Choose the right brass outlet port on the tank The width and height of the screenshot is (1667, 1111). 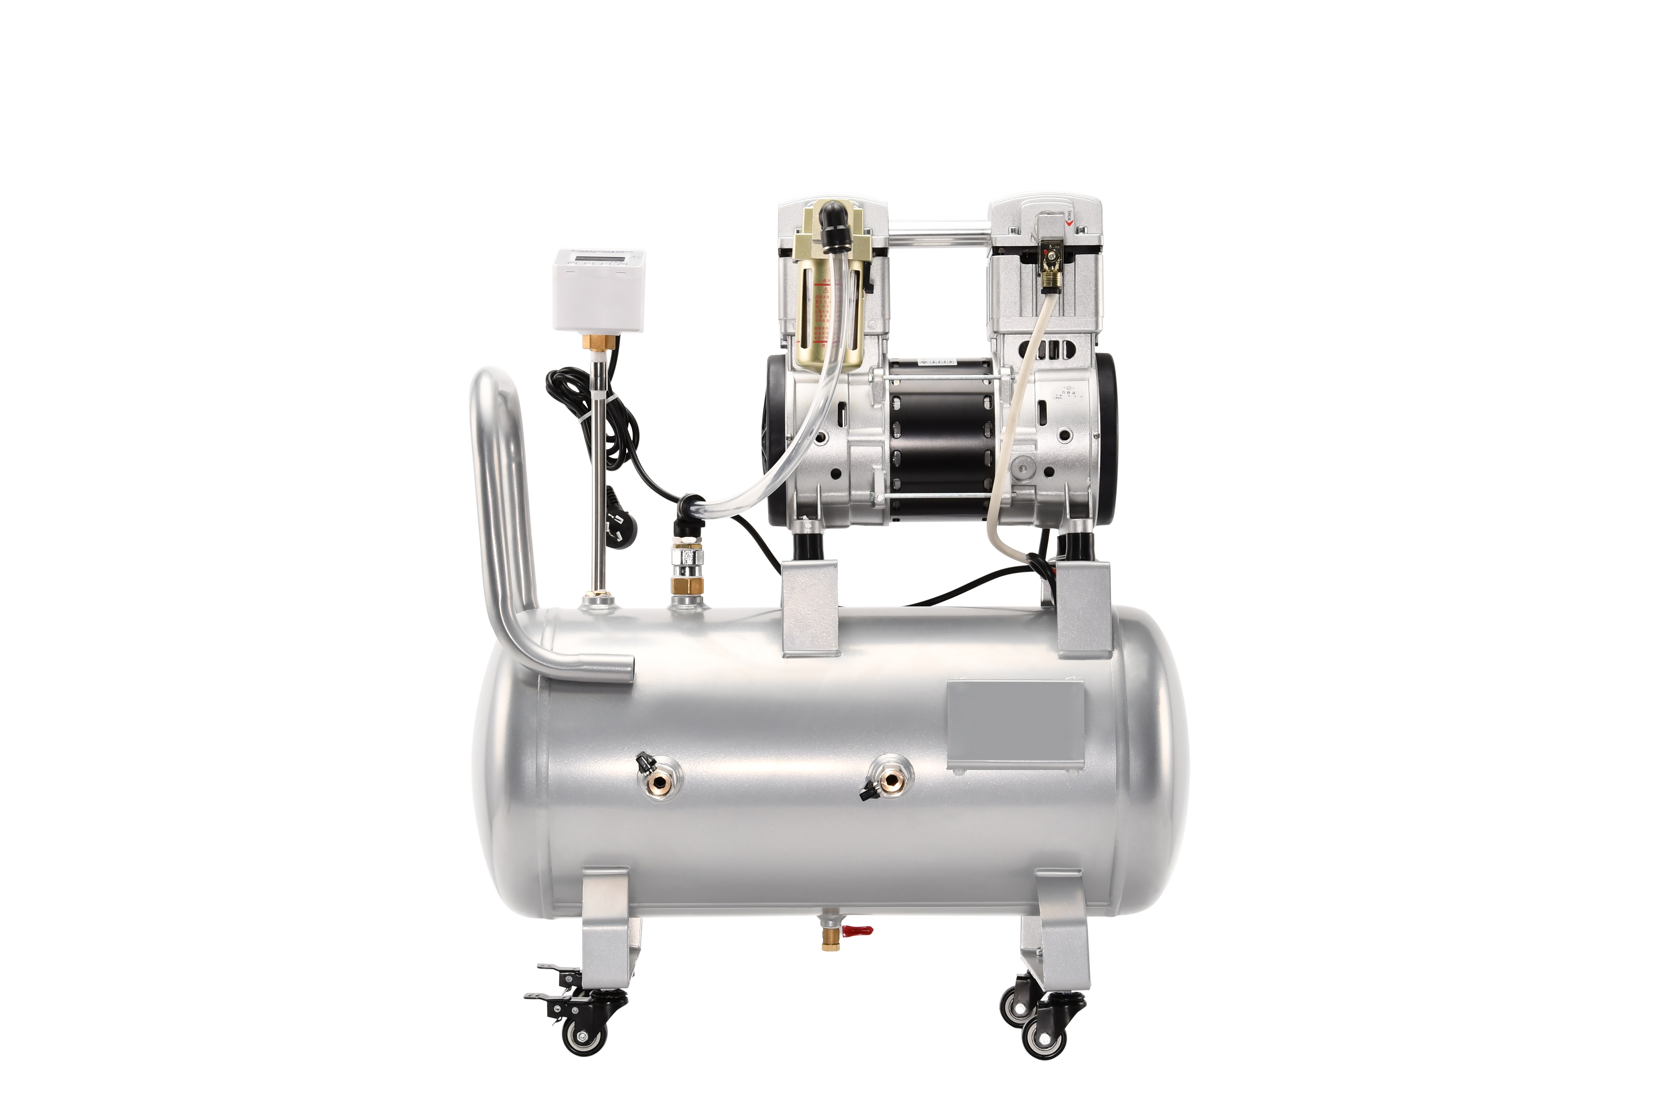point(891,779)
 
